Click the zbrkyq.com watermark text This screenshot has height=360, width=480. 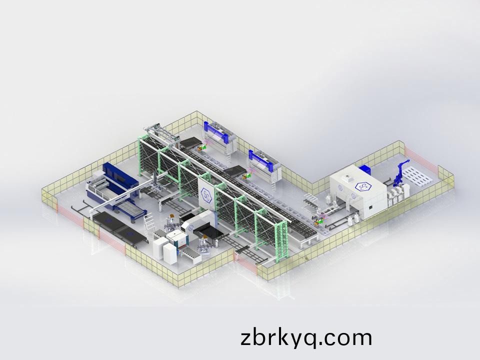click(306, 337)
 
